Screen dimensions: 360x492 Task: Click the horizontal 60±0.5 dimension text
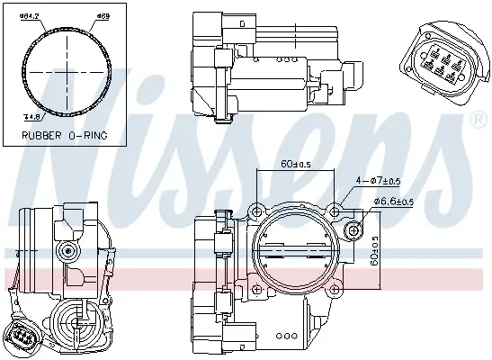(295, 165)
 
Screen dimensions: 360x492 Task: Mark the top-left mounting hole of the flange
(256, 211)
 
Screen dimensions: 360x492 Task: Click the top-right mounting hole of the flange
(335, 211)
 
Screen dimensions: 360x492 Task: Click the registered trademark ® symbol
(473, 120)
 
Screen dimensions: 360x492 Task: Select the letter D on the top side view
(237, 22)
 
